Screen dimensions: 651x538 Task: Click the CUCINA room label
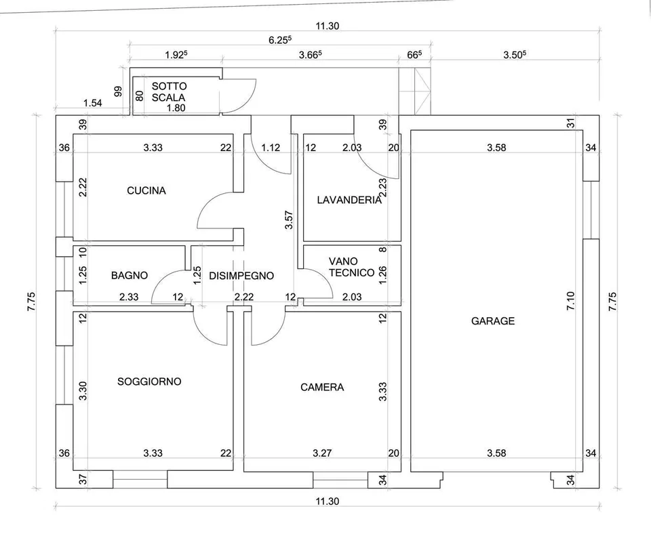coord(146,190)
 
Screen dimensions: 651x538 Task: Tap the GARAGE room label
coord(493,320)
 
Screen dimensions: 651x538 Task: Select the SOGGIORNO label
coord(149,381)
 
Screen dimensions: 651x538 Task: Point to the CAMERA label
coord(322,387)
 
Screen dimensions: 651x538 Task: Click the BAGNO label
coord(130,275)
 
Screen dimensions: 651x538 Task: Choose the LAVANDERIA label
coord(349,200)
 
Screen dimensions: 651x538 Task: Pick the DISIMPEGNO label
coord(241,276)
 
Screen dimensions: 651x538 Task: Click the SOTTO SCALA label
coord(169,91)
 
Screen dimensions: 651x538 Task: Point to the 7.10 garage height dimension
coord(570,301)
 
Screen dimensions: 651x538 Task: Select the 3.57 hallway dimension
coord(289,220)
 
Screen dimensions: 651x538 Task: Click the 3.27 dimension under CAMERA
coord(322,453)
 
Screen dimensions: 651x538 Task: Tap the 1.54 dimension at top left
coord(93,103)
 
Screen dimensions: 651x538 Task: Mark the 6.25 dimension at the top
coord(280,40)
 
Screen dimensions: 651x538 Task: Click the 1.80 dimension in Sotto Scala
coord(176,108)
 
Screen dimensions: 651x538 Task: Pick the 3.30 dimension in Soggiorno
coord(83,391)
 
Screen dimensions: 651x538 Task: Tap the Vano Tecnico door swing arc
coord(325,278)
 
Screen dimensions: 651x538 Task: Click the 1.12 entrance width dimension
coord(271,147)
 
